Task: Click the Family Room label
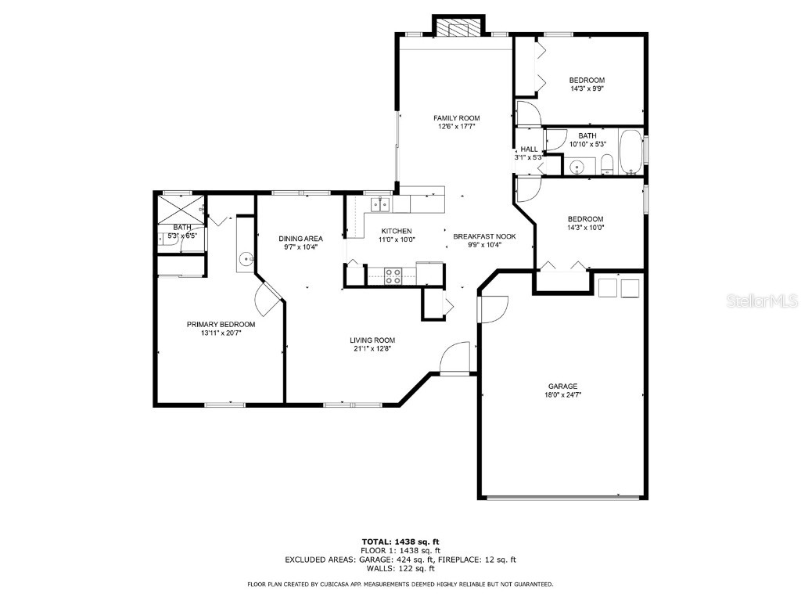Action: coord(457,118)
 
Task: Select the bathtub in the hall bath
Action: coord(631,152)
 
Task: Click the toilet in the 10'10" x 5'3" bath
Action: coord(607,164)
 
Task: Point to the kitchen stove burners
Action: coord(393,276)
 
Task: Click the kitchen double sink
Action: coord(380,204)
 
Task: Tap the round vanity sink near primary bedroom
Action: coord(246,260)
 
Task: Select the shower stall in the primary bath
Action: coord(181,210)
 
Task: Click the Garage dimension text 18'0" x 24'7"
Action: coord(563,394)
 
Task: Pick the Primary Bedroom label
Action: coord(221,325)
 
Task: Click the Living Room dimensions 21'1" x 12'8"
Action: coord(372,348)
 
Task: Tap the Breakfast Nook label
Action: coord(484,236)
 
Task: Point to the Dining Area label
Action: coord(300,239)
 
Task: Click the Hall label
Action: coord(530,149)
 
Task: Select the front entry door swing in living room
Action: coord(454,358)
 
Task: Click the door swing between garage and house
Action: coord(493,309)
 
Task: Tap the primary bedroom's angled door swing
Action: coord(268,300)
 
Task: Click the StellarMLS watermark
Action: coord(762,300)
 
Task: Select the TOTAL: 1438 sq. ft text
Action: coord(400,542)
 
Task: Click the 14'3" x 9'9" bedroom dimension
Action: coord(587,88)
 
